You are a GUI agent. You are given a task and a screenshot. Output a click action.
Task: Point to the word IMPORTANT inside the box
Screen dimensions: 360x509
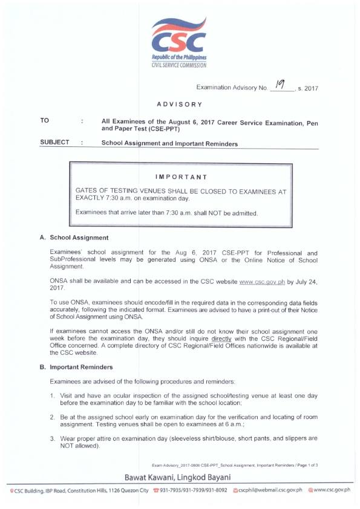click(181, 177)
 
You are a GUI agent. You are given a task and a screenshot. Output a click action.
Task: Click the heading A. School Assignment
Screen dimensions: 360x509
click(74, 238)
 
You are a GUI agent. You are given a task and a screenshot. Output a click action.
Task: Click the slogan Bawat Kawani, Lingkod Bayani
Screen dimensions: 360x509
click(180, 478)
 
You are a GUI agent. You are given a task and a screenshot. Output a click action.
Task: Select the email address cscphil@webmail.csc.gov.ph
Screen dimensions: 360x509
click(269, 490)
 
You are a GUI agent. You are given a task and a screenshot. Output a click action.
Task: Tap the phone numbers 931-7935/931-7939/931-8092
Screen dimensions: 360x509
click(192, 490)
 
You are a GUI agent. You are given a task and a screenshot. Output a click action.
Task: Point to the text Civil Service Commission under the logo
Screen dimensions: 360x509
click(179, 65)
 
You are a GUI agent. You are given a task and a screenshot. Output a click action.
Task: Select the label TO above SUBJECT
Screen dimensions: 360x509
click(45, 121)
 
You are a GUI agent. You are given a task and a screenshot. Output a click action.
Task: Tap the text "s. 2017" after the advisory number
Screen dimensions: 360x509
click(308, 89)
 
